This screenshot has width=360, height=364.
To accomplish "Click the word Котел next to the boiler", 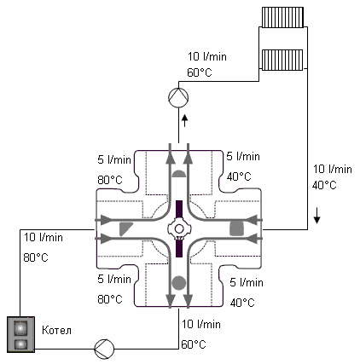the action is [56, 330].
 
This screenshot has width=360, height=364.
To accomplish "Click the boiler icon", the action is [20, 335].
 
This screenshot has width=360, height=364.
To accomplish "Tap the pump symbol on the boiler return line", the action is [104, 349].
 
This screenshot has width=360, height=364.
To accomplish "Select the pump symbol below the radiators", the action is [178, 97].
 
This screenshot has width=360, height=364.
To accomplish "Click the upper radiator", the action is [282, 17].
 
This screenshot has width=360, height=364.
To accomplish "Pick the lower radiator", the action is [282, 60].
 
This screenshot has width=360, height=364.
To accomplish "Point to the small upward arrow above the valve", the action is [185, 121].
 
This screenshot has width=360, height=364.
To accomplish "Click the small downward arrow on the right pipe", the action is [316, 215].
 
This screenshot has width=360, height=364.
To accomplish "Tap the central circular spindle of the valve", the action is [179, 228].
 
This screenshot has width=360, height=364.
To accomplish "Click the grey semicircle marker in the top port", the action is [178, 174].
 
